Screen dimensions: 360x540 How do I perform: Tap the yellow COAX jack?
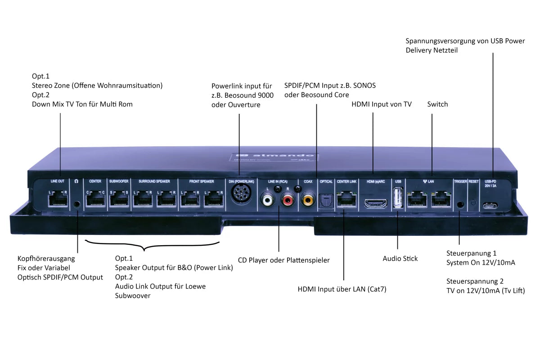[308, 198]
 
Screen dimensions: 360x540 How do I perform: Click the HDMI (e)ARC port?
[375, 203]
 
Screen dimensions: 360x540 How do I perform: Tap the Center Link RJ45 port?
[346, 198]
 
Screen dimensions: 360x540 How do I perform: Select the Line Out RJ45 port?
[58, 198]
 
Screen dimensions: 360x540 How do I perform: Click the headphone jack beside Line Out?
[77, 203]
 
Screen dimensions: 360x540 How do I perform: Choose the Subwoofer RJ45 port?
[119, 198]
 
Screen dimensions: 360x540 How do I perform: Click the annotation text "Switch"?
[437, 104]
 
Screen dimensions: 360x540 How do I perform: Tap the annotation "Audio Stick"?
[400, 258]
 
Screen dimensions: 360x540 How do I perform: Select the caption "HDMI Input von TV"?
[381, 104]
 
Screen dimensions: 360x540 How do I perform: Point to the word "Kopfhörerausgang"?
[46, 259]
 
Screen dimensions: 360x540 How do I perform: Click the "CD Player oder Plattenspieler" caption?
[283, 260]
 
